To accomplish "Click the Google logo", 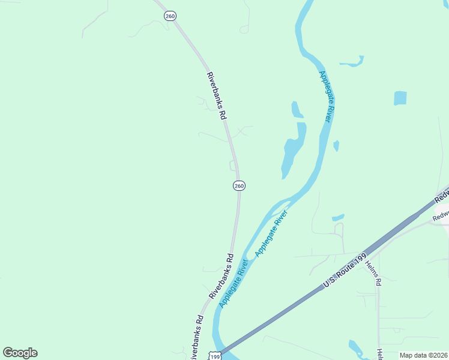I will tap(20, 353).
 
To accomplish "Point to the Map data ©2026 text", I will tap(424, 355).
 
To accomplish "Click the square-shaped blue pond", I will tap(400, 98).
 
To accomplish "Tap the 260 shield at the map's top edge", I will tap(170, 16).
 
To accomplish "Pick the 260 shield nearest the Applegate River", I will tap(239, 186).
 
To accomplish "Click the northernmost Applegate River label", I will tap(325, 96).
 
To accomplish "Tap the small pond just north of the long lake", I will tap(297, 110).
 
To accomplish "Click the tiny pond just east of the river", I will tap(336, 145).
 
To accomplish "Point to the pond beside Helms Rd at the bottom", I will tap(355, 347).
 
